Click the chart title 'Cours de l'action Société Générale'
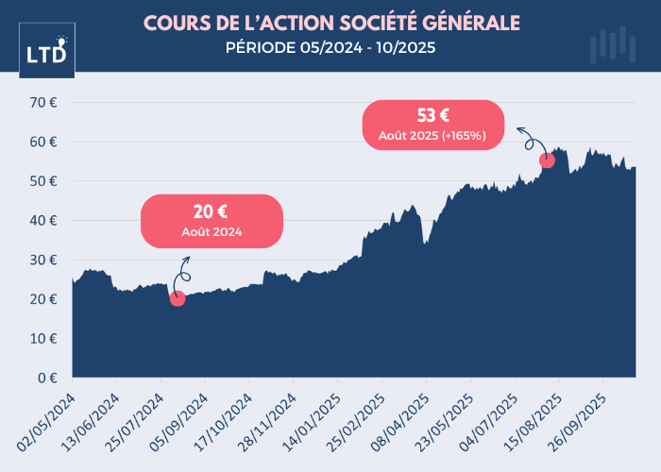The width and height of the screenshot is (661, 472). [x=331, y=22]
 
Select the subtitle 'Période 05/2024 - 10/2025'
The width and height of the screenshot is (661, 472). [x=331, y=48]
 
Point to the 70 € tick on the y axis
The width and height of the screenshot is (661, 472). [x=46, y=102]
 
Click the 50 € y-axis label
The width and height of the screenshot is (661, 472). [x=46, y=180]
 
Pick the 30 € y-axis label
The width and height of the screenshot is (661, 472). [x=46, y=260]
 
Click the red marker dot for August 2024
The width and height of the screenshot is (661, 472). [x=178, y=298]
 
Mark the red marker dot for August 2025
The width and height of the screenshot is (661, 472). [x=547, y=160]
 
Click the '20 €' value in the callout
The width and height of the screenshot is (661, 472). [x=212, y=212]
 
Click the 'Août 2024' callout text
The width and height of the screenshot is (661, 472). [x=212, y=231]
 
